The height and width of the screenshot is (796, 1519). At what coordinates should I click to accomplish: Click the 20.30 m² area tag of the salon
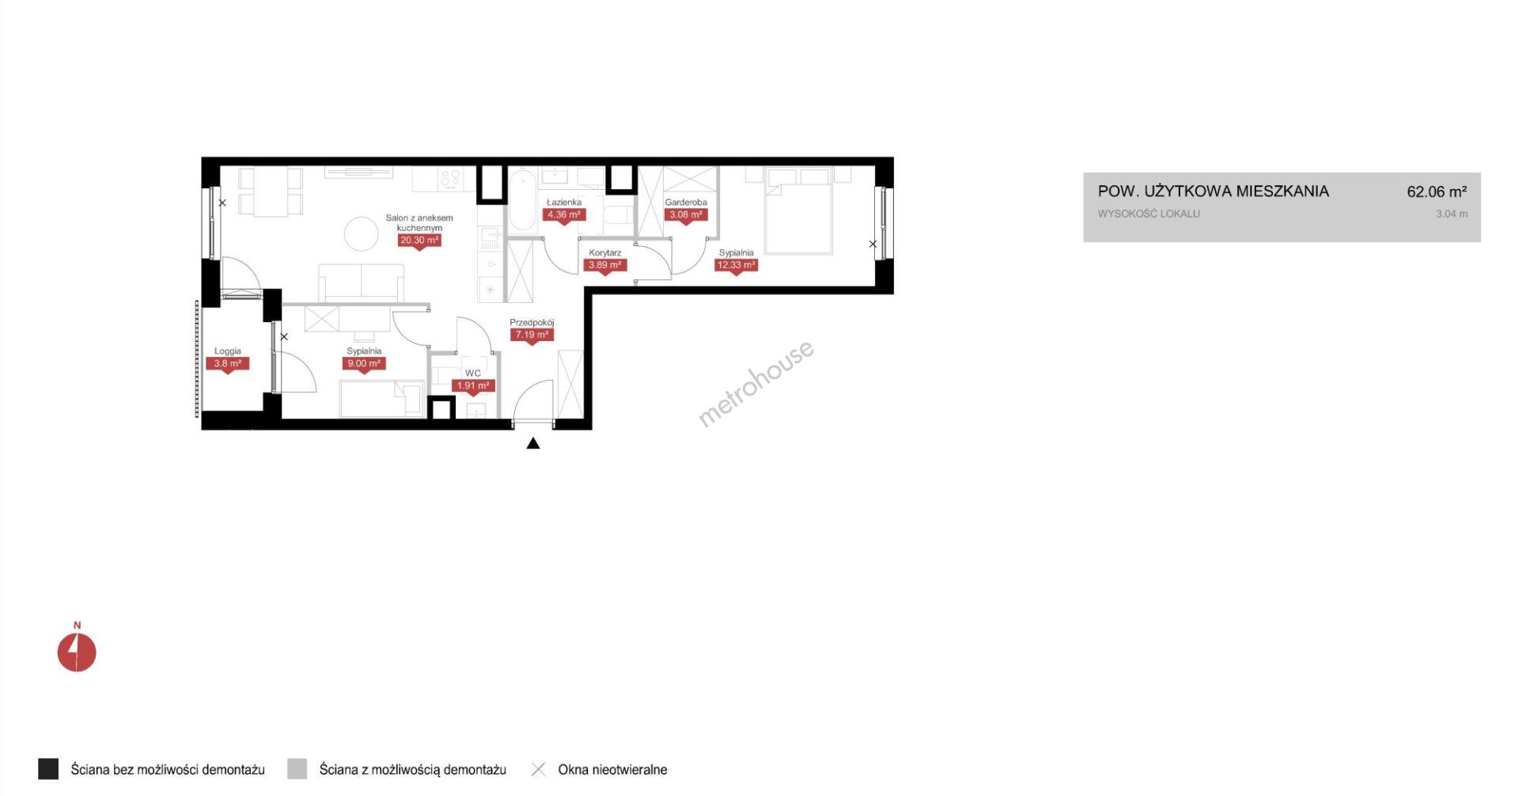[x=419, y=241]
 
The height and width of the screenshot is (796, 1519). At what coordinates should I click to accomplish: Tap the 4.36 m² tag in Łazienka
[x=564, y=214]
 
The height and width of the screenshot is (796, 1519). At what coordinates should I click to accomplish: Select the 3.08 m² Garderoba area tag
[x=685, y=214]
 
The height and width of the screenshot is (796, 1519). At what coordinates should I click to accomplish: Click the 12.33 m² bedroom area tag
[x=736, y=265]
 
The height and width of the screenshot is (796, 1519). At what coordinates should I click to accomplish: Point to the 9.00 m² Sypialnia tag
[x=364, y=364]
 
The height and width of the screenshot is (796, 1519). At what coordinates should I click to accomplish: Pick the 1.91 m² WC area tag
[x=473, y=386]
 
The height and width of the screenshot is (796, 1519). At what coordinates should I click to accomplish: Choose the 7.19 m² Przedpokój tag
[x=532, y=335]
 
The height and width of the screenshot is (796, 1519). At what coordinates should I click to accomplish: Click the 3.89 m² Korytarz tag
[x=605, y=265]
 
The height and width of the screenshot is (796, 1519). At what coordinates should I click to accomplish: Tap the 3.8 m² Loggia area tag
[x=228, y=364]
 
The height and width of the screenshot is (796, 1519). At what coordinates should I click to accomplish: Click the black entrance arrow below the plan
[x=533, y=443]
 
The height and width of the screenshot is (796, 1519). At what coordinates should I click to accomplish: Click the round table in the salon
[x=362, y=234]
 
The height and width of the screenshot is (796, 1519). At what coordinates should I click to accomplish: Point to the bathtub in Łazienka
[x=522, y=201]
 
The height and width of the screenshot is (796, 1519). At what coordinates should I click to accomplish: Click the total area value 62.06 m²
[x=1437, y=191]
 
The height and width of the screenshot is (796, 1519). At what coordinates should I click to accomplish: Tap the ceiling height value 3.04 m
[x=1452, y=214]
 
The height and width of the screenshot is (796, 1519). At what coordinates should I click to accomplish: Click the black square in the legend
[x=48, y=769]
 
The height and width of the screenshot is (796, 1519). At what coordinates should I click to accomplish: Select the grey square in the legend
[x=297, y=769]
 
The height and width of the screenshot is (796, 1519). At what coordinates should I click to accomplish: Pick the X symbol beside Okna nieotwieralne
[x=538, y=769]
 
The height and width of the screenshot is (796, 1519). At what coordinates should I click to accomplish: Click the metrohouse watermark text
[x=756, y=384]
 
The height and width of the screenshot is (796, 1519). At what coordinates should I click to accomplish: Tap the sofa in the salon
[x=362, y=282]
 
